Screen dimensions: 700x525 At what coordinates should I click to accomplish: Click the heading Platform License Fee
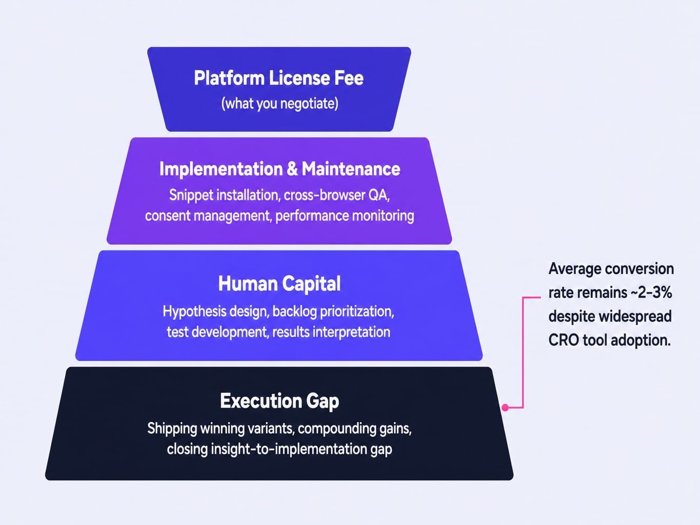click(x=279, y=78)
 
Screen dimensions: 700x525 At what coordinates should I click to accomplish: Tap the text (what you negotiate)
click(x=279, y=104)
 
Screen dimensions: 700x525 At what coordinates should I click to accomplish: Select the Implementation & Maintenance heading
click(x=279, y=169)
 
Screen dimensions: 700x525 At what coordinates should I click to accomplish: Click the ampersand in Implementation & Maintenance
click(x=292, y=169)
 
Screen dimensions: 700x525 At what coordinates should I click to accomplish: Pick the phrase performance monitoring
click(x=345, y=216)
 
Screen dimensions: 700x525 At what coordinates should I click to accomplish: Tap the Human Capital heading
click(x=279, y=284)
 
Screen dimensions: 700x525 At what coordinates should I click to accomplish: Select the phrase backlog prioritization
click(x=333, y=311)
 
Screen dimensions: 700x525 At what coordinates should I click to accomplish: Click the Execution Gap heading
click(x=279, y=401)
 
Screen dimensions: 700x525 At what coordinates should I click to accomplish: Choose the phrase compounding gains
click(x=355, y=429)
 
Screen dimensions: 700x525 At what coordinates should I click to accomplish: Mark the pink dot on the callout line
click(x=505, y=408)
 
